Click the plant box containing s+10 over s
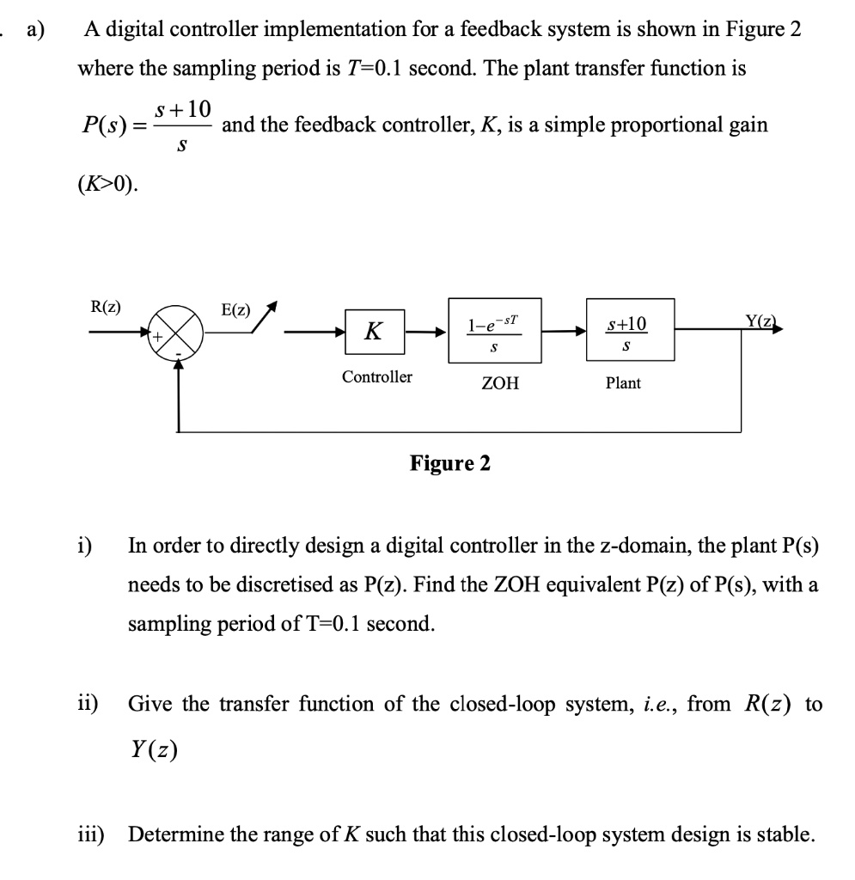point(630,330)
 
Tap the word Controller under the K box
point(376,376)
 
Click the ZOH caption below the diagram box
point(500,383)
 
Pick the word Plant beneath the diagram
point(623,383)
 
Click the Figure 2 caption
point(450,464)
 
